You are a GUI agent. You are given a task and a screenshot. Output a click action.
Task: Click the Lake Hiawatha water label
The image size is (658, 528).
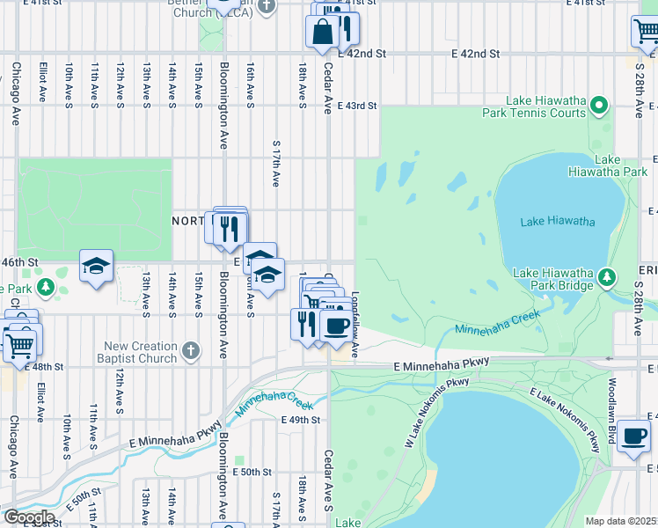pos(557,221)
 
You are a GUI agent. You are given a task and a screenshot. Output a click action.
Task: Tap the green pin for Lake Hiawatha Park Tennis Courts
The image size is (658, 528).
pos(599,106)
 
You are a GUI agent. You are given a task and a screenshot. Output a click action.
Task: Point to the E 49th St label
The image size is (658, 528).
pos(300,420)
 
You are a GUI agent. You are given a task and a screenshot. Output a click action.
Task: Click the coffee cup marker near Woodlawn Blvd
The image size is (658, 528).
pos(632,436)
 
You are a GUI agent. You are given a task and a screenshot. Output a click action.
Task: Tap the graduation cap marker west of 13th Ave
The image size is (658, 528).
pos(96,266)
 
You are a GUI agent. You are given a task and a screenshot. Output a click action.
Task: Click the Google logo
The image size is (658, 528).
pos(28,517)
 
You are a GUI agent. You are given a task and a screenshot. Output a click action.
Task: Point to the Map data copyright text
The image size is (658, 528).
pos(621,521)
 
